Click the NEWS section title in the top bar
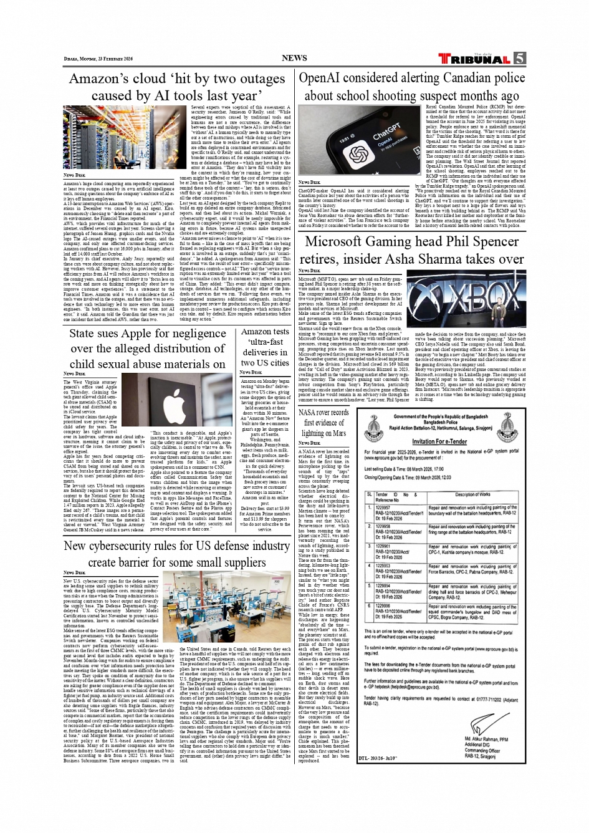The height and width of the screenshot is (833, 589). click(x=294, y=58)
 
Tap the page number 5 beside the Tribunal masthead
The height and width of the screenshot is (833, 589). click(x=519, y=59)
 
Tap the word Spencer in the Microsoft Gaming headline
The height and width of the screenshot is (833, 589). click(x=496, y=242)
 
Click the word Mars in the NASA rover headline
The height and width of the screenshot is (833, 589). click(x=338, y=433)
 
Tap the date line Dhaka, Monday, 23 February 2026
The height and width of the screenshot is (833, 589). click(x=98, y=59)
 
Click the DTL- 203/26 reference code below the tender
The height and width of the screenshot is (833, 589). click(x=378, y=759)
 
